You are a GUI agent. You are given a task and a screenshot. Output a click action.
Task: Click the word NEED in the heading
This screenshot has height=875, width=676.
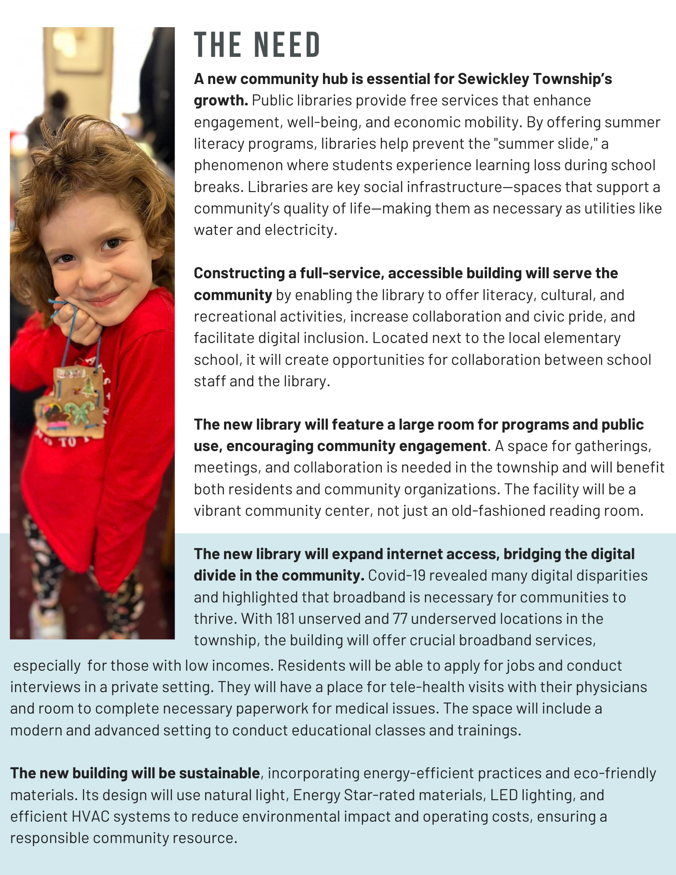pos(287,45)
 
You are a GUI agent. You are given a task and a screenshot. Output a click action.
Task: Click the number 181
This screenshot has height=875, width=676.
pos(285,619)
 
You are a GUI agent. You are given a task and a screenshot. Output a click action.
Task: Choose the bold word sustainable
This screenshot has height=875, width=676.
pos(219,773)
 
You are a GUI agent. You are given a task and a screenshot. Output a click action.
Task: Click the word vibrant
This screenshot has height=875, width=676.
pos(217,511)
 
